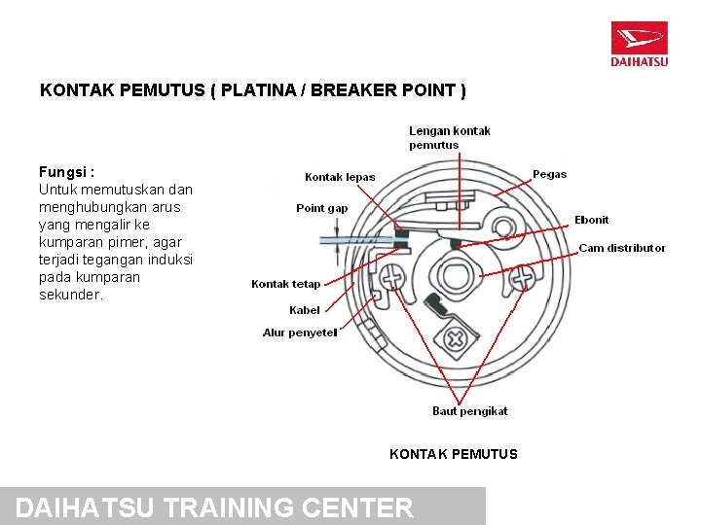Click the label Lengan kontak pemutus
tap(449, 138)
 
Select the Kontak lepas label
tap(340, 177)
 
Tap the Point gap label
tap(321, 208)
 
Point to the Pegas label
tap(549, 175)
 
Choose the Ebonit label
tap(591, 220)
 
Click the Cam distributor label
tap(622, 248)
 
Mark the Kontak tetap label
tap(285, 284)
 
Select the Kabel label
tap(304, 310)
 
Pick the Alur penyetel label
tap(300, 332)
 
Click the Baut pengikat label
tap(469, 411)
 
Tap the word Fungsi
tap(66, 172)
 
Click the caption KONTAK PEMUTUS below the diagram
tap(453, 454)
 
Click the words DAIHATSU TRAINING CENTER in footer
tap(215, 507)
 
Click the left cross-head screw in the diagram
tap(393, 278)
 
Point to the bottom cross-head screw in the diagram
tap(455, 339)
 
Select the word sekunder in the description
tap(70, 295)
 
